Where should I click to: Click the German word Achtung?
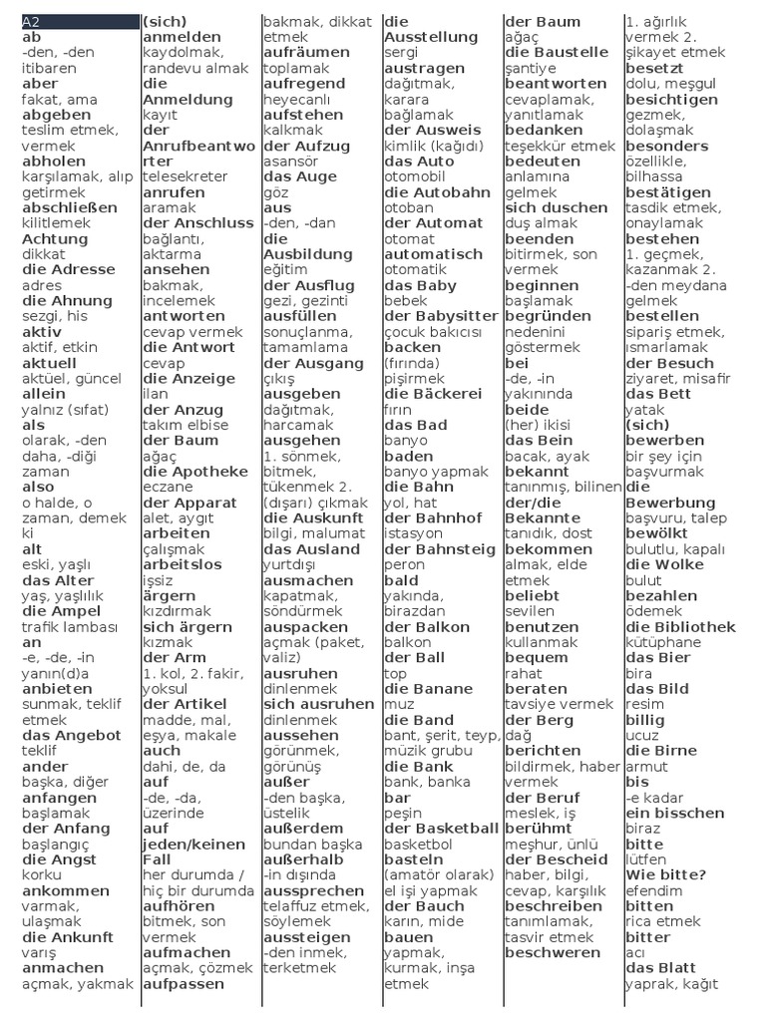pos(55,238)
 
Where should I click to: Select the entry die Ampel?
pos(61,611)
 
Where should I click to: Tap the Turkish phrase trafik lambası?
pos(70,627)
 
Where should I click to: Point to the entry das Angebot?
pos(72,736)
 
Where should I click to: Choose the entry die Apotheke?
pos(195,472)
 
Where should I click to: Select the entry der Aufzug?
pos(307,146)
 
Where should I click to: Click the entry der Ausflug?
pos(309,285)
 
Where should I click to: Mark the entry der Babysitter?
pos(441,316)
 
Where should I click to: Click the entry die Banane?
pos(428,689)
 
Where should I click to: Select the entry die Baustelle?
pos(557,52)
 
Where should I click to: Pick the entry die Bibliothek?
pos(680,627)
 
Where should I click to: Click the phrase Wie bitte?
pos(666,874)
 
